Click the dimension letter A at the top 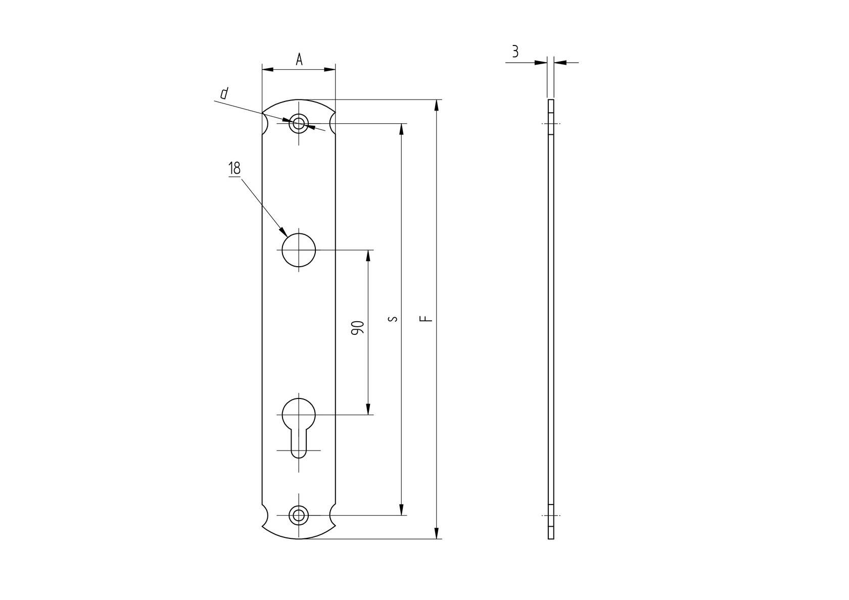(x=299, y=60)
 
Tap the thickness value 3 (x=515, y=52)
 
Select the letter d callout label (x=224, y=93)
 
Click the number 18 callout (x=234, y=168)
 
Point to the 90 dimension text (x=357, y=328)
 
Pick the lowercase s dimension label (x=394, y=319)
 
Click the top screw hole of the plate (x=299, y=123)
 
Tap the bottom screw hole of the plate (x=299, y=515)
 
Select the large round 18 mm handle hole (x=299, y=250)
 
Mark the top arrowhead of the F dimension (x=437, y=105)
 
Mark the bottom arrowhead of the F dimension (x=437, y=533)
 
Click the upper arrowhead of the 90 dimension (x=368, y=256)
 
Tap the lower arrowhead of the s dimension (x=402, y=510)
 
